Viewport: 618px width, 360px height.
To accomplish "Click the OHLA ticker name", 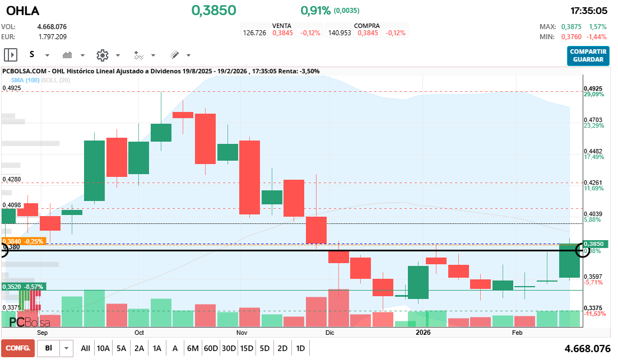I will (x=23, y=10).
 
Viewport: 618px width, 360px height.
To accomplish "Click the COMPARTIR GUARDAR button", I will (x=588, y=55).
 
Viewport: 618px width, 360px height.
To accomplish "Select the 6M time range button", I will (x=193, y=348).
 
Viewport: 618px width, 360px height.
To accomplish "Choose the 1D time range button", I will (x=300, y=348).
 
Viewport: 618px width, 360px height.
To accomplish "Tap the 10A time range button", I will (x=103, y=348).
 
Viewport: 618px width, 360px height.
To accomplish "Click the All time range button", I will (x=85, y=348).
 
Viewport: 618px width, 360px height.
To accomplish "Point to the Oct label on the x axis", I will (x=139, y=332).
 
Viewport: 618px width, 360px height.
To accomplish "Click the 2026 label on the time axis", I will (x=423, y=332).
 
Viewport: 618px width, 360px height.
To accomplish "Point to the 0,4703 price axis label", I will (x=593, y=120).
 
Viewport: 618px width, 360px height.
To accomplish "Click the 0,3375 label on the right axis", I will (x=593, y=308).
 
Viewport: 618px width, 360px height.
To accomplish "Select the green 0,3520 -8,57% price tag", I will (x=22, y=287).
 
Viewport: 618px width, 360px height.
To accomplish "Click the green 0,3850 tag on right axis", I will (x=593, y=244).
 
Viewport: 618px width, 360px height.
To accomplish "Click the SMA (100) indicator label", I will (x=25, y=80).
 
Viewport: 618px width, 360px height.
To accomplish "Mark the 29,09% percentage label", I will (x=593, y=95).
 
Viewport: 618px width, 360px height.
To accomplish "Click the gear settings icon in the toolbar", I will (x=102, y=55).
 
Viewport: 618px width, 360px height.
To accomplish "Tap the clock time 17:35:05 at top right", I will (x=589, y=11).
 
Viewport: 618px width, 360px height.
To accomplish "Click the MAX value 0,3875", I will (x=571, y=27).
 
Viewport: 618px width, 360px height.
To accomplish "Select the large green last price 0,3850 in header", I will (x=213, y=11).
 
